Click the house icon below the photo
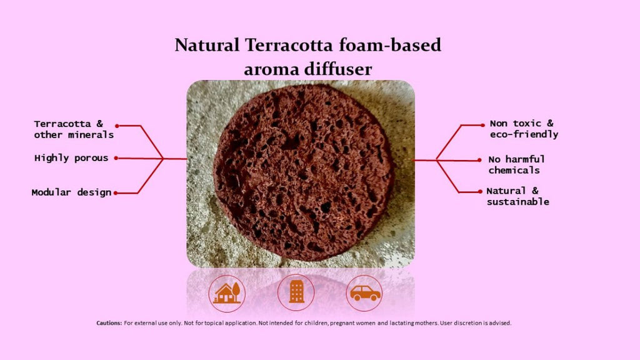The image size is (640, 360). point(227,293)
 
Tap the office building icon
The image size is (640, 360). point(296,292)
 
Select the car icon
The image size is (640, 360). point(364,293)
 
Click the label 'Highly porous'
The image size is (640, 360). point(71,158)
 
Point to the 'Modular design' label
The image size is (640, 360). point(71,192)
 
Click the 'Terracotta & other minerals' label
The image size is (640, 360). point(74,129)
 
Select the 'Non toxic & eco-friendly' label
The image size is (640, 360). point(524,129)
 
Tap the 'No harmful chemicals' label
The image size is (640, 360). point(516,164)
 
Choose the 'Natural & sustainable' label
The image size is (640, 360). point(517,196)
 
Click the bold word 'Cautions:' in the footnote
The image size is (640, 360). point(109,323)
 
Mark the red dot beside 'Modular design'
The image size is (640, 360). point(116,193)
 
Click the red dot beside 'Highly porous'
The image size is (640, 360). point(116,158)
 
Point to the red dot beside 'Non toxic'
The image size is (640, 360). point(482,125)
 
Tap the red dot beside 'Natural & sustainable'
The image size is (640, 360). point(480,191)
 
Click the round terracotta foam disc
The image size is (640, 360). point(304,172)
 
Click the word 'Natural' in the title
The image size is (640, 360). point(207,45)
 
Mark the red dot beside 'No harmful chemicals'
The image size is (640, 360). point(479,161)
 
